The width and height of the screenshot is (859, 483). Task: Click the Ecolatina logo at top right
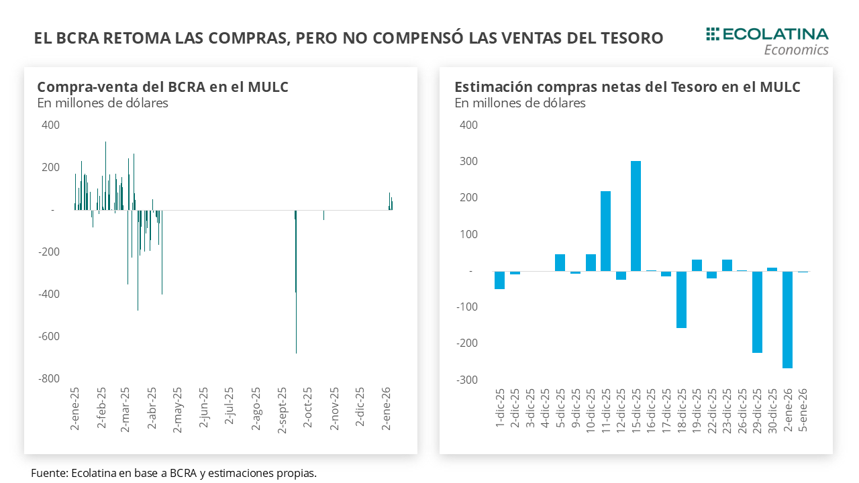[x=767, y=34]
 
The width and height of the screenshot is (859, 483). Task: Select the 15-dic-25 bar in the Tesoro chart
[x=636, y=216]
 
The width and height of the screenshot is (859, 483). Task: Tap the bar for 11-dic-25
[x=605, y=231]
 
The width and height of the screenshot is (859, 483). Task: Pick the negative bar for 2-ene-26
[x=787, y=319]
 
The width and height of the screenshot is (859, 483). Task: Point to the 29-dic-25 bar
[x=757, y=312]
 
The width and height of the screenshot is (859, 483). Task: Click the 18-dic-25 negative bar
[x=681, y=299]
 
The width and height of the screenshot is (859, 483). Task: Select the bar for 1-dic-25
[x=499, y=280]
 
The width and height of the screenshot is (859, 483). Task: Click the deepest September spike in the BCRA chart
[x=296, y=322]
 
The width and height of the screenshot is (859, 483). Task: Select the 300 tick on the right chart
[x=468, y=161]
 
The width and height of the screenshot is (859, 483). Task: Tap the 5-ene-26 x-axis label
[x=803, y=411]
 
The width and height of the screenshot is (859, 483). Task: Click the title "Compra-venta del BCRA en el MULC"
[x=162, y=87]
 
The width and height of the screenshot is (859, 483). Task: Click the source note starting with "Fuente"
[x=173, y=473]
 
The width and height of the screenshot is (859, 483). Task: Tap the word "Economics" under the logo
[x=796, y=50]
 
